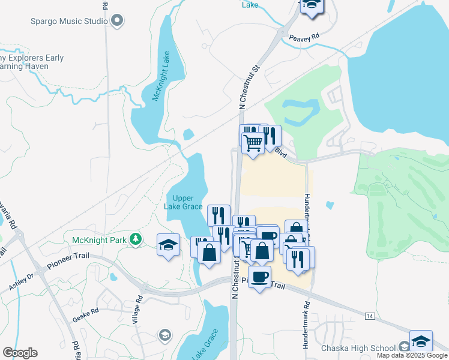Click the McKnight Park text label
[100, 240]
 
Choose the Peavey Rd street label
[303, 38]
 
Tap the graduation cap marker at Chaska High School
[421, 340]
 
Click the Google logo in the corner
[20, 353]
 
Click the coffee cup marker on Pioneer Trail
[259, 277]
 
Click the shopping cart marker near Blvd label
[253, 142]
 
